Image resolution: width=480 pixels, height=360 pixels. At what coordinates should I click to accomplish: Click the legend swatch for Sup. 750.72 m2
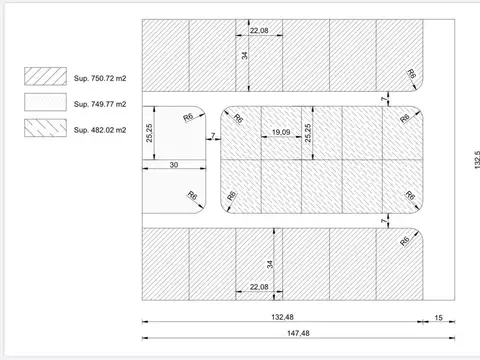pyautogui.click(x=44, y=75)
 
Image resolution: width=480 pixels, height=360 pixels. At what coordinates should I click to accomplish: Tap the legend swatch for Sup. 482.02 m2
pyautogui.click(x=44, y=128)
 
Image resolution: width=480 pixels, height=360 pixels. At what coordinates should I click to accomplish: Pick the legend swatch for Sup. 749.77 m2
pyautogui.click(x=44, y=101)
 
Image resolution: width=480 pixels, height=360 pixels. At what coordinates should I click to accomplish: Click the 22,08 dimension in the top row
pyautogui.click(x=259, y=31)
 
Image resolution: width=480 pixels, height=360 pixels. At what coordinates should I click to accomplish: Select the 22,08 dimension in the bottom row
pyautogui.click(x=259, y=287)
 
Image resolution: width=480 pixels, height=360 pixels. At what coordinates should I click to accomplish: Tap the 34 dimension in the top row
pyautogui.click(x=245, y=56)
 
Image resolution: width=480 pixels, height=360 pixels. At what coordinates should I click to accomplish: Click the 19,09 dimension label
pyautogui.click(x=281, y=131)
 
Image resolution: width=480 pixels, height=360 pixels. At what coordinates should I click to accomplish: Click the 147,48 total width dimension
pyautogui.click(x=295, y=333)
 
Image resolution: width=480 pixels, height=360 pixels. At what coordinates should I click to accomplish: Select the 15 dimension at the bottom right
pyautogui.click(x=439, y=318)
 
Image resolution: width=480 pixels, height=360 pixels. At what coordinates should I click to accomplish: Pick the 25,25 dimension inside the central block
pyautogui.click(x=309, y=133)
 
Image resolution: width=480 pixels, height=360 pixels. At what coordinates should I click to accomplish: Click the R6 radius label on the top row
pyautogui.click(x=412, y=75)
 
